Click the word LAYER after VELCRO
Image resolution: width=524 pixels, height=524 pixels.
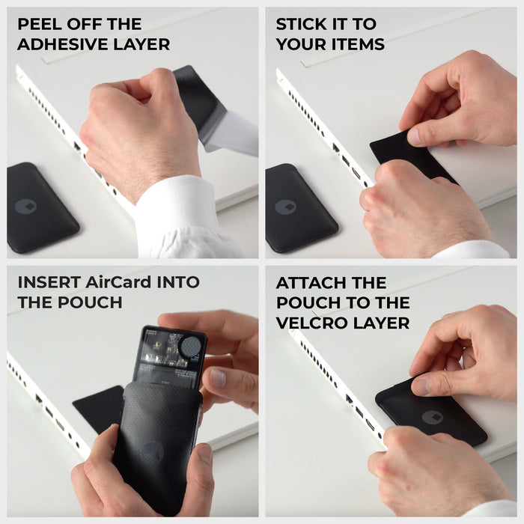(x=383, y=323)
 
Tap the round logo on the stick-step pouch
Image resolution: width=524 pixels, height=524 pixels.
(x=284, y=207)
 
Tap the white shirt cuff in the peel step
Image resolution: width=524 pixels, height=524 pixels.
(x=180, y=217)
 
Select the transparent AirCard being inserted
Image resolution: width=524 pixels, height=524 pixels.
(x=171, y=356)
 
